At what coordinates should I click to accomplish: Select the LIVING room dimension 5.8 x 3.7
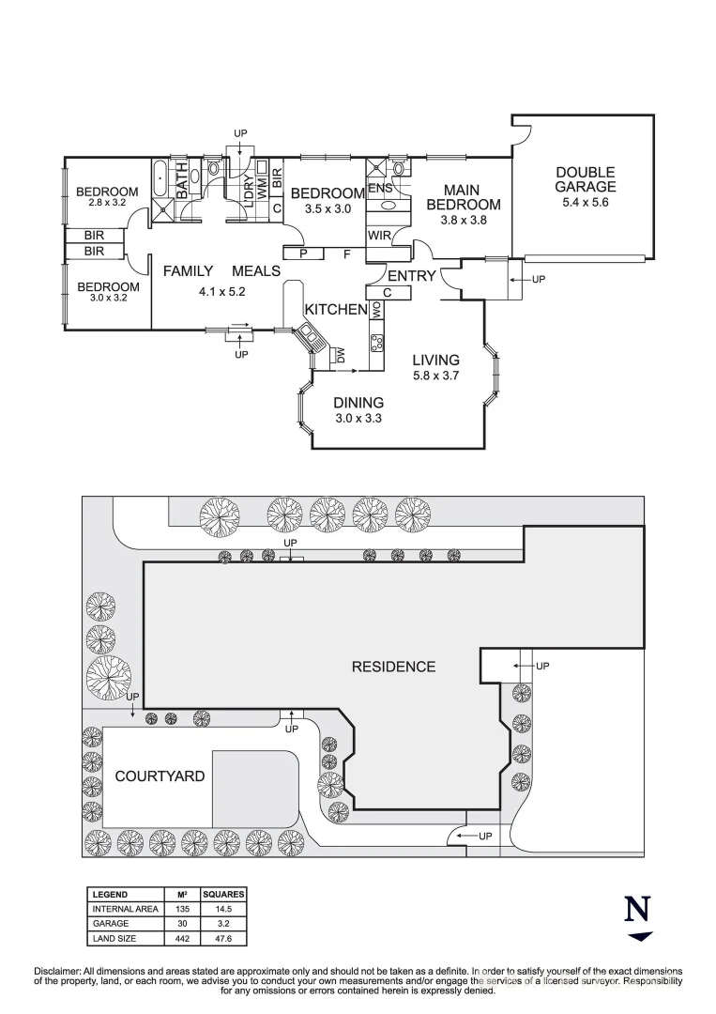[x=436, y=376]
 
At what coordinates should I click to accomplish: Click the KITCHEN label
[x=334, y=310]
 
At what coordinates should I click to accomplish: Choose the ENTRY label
[x=412, y=275]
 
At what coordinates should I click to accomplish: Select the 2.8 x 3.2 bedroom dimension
[x=106, y=203]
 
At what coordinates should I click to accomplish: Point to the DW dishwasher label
[x=341, y=354]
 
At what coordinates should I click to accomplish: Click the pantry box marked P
[x=303, y=253]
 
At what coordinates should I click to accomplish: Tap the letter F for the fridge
[x=346, y=253]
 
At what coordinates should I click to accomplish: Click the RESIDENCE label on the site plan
[x=393, y=667]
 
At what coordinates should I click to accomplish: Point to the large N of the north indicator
[x=638, y=910]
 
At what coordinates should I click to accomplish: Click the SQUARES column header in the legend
[x=222, y=895]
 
